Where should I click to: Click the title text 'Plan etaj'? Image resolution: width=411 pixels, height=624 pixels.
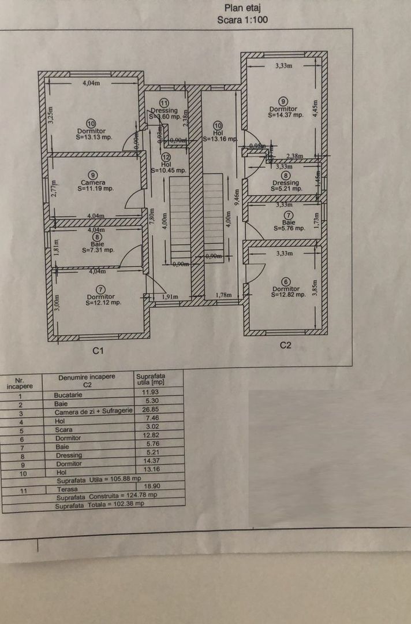coord(242,8)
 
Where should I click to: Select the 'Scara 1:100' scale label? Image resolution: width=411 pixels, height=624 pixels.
coord(242,19)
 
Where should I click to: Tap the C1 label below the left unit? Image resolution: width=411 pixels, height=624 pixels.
coord(98,351)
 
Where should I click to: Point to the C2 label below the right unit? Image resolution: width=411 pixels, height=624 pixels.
coord(285,346)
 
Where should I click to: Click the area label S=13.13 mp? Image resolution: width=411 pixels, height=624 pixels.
coord(94,138)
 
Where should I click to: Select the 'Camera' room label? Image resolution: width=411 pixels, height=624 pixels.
coord(92,183)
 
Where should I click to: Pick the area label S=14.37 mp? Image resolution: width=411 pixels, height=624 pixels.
coord(285,115)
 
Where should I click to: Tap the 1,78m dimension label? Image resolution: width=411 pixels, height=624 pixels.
coord(223,295)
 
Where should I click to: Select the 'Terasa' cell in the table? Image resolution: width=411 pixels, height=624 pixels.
coord(67,489)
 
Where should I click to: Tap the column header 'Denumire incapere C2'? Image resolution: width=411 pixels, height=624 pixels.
coord(87,380)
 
